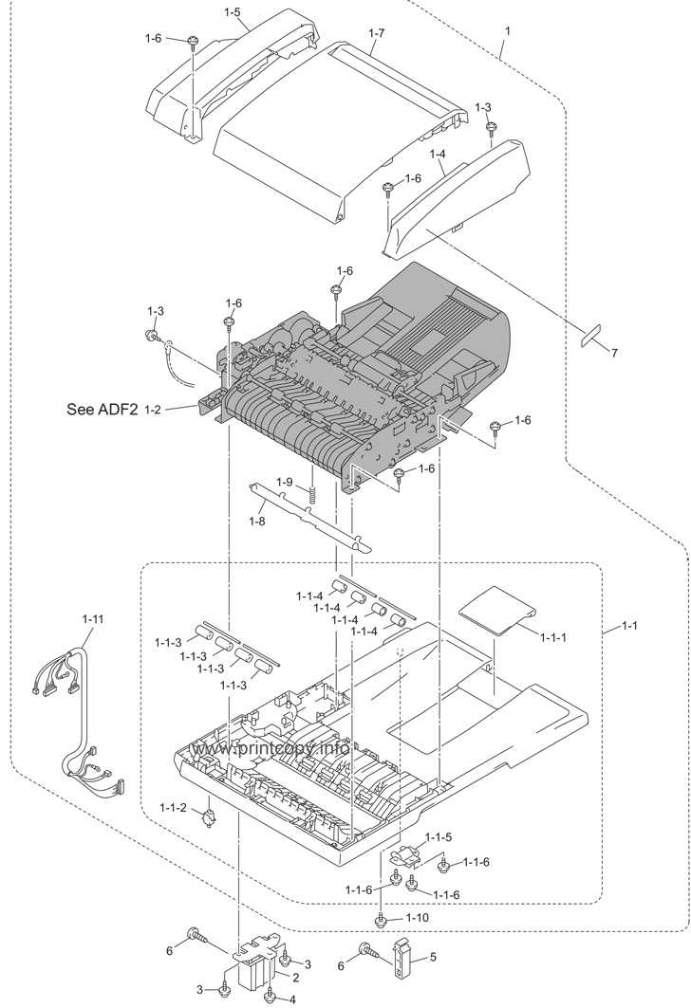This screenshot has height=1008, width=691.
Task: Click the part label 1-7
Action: tap(377, 32)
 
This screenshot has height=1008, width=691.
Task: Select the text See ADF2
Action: tap(103, 409)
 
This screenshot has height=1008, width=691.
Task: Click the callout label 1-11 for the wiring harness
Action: tap(93, 619)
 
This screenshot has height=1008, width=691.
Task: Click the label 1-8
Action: tap(257, 521)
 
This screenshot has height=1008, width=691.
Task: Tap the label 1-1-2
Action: tap(173, 807)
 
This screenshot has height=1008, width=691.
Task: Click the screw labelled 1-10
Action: tap(382, 921)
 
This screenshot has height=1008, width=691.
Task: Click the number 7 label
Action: tap(614, 353)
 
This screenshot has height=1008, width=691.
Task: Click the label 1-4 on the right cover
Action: tap(438, 155)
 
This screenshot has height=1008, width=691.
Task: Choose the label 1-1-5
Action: tap(439, 837)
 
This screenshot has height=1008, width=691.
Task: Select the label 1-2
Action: tap(153, 409)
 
